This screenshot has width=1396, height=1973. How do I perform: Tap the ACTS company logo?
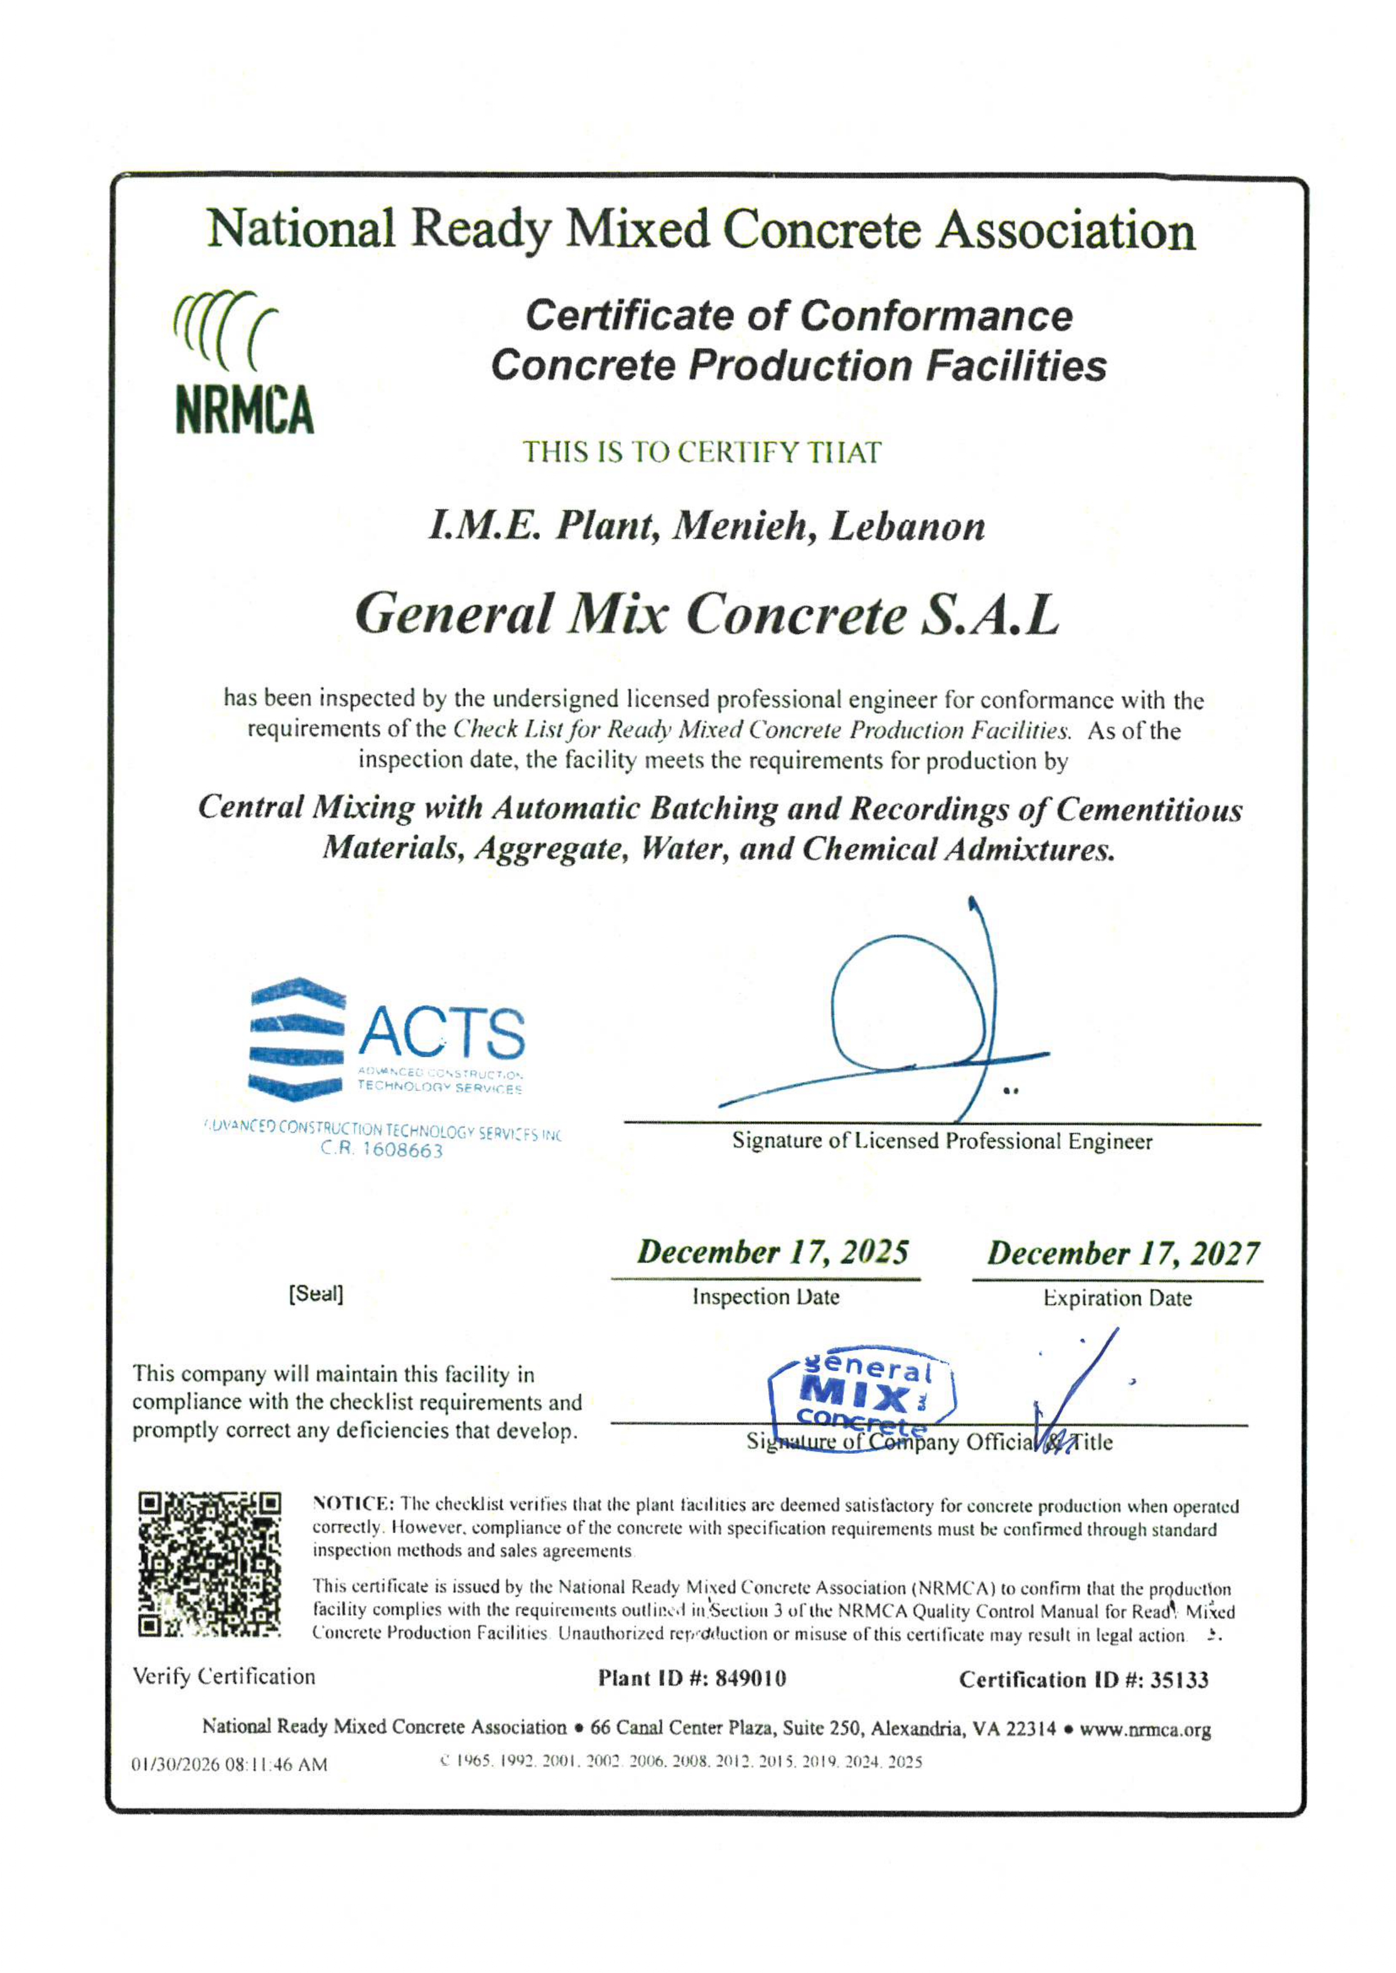pos(387,1040)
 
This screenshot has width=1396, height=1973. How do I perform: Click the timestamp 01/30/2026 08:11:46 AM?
pos(229,1765)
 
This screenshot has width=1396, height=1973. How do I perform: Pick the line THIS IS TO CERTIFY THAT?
pos(702,452)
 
